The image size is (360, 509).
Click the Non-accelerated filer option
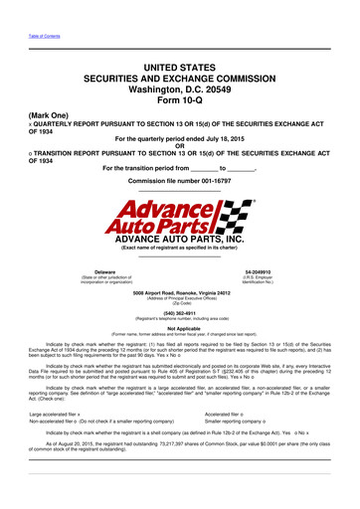[60, 394]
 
